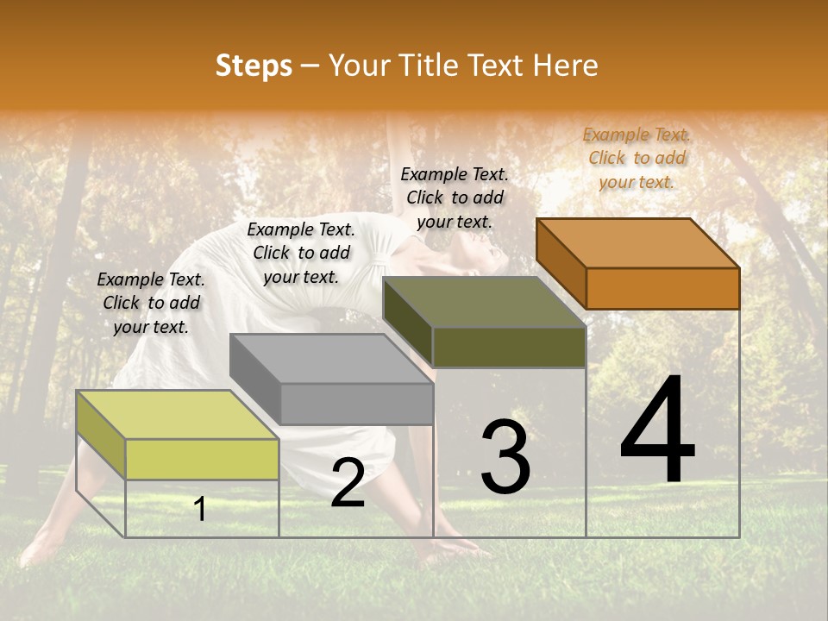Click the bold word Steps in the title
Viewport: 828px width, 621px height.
pyautogui.click(x=254, y=66)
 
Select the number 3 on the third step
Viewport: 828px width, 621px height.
pyautogui.click(x=505, y=457)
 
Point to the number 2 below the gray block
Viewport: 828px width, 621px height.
pyautogui.click(x=348, y=483)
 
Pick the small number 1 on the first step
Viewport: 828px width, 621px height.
pyautogui.click(x=200, y=509)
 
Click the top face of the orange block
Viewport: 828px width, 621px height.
pyautogui.click(x=638, y=242)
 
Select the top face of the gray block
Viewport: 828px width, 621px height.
pyautogui.click(x=331, y=358)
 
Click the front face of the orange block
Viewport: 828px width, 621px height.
pyautogui.click(x=662, y=288)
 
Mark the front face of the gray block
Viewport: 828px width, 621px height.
pyautogui.click(x=356, y=404)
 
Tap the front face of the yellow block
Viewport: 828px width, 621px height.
pyautogui.click(x=202, y=459)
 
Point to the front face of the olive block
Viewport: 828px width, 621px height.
pyautogui.click(x=509, y=347)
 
